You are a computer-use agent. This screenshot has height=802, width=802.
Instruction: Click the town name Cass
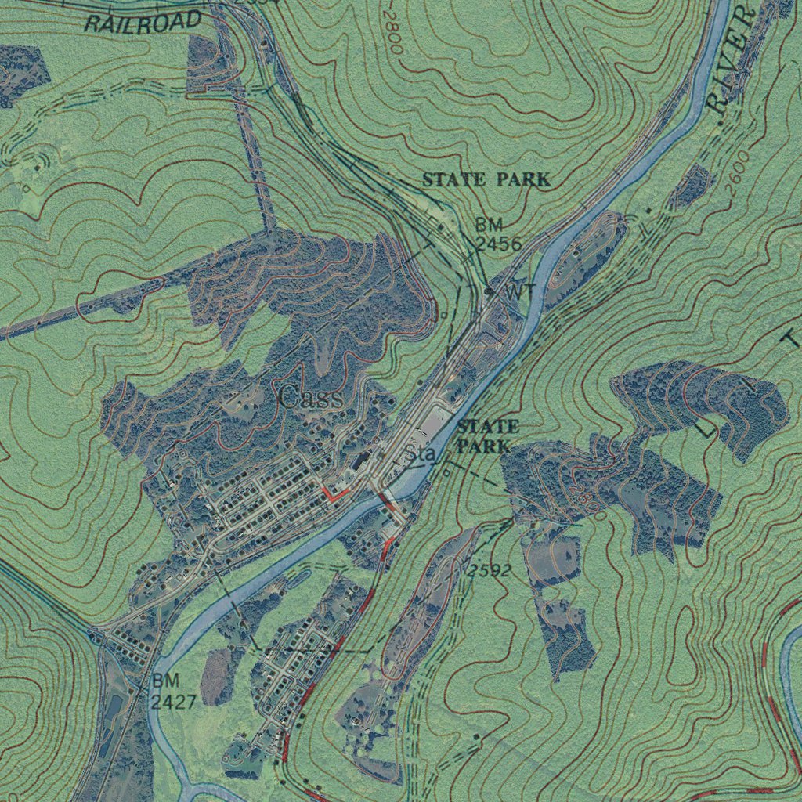click(x=311, y=398)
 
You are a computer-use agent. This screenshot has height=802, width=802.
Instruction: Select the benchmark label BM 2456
click(x=498, y=236)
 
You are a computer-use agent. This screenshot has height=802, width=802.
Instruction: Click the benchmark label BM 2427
click(x=173, y=692)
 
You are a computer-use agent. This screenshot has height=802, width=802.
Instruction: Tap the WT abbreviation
click(x=519, y=291)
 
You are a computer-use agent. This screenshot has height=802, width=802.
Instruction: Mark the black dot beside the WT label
click(x=489, y=291)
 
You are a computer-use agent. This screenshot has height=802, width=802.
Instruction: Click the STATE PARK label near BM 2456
click(x=486, y=179)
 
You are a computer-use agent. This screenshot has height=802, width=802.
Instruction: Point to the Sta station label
click(x=420, y=454)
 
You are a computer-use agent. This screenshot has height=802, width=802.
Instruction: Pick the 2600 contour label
click(x=738, y=167)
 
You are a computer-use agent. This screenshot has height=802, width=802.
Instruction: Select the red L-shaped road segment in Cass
click(x=332, y=494)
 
